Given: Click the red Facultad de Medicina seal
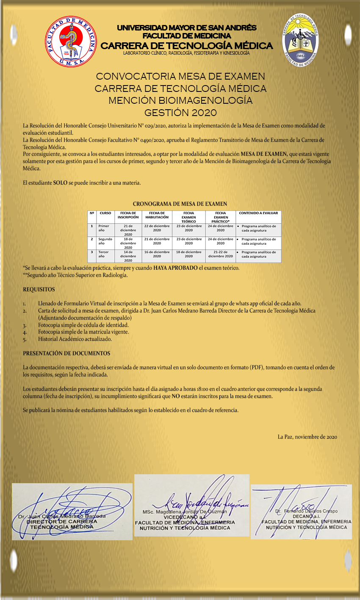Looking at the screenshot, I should click(71, 41).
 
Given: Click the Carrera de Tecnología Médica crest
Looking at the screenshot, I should click(301, 41).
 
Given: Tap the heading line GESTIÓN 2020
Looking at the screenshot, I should click(180, 113).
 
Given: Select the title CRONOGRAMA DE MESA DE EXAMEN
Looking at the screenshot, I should click(180, 204).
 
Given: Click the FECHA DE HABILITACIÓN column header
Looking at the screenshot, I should click(157, 215).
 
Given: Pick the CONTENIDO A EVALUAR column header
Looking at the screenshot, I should click(258, 213).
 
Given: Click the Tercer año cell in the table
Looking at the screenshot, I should click(104, 254).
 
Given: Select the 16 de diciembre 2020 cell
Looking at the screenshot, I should click(157, 254).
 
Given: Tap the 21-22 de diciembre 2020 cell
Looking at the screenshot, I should click(220, 254).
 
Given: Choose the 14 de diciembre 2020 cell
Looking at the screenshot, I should click(128, 256).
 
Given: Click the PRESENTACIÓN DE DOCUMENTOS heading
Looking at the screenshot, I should click(66, 353).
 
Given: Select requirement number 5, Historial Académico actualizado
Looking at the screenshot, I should click(75, 339).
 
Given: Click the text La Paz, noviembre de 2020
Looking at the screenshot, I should click(307, 437).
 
